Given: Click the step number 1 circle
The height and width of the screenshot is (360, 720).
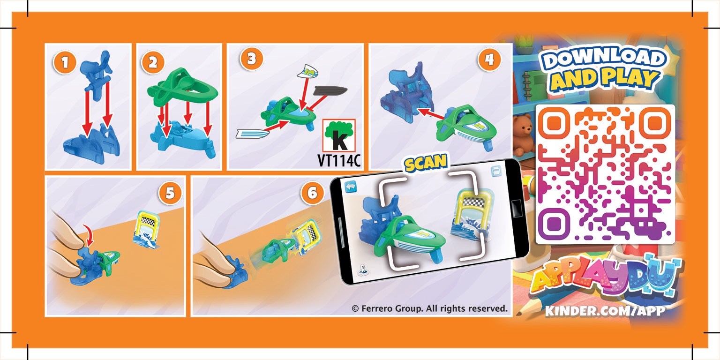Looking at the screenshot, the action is coord(65,62).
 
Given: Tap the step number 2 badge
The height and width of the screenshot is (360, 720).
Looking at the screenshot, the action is coord(153,62).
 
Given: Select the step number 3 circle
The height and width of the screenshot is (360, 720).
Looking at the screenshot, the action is coord(251,59).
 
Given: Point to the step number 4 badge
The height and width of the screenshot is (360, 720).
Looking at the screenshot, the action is coord(489,60).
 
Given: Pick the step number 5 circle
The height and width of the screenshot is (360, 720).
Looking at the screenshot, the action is coord(170,193).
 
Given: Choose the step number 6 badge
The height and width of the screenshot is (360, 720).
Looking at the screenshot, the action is coord(313,193).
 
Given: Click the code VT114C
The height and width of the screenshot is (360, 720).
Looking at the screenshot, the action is coord(339,160).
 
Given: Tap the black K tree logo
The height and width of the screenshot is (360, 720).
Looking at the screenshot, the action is coord(339,135).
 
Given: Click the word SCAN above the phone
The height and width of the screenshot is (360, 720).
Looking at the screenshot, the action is coord(426,163).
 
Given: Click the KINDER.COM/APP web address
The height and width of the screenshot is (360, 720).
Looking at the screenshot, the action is coord(605,311).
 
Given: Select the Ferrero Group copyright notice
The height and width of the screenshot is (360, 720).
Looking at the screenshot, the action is coord(429,308).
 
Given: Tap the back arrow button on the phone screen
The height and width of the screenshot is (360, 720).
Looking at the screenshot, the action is coord(351,187).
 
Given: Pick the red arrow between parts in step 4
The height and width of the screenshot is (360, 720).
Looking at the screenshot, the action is coord(431,114).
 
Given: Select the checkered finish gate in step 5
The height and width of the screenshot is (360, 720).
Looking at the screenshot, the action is coord(147,229).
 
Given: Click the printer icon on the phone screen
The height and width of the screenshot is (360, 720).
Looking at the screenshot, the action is coord(496,171).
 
